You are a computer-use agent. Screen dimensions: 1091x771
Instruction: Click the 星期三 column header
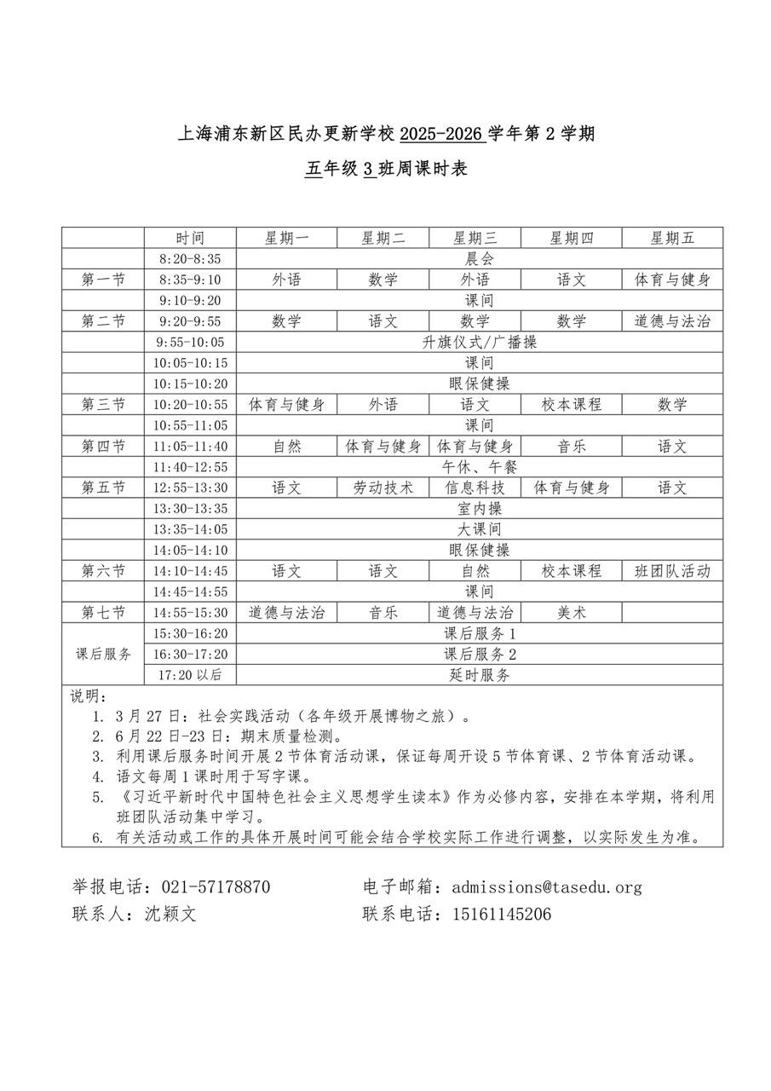[475, 238]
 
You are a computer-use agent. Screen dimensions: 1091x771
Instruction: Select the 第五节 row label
[103, 488]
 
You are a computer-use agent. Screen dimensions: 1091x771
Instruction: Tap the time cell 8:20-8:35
[189, 259]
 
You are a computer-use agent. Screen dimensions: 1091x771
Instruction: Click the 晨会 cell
[480, 259]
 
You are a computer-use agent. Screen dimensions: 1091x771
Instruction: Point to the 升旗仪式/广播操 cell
[480, 342]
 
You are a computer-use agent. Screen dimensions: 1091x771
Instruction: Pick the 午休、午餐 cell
[480, 467]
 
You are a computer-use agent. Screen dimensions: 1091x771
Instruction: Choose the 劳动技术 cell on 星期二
[383, 488]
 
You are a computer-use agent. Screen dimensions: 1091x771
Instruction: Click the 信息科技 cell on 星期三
[475, 488]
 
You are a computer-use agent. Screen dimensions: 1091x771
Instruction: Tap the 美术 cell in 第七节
[571, 612]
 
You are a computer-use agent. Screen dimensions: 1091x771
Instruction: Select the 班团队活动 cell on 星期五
[672, 571]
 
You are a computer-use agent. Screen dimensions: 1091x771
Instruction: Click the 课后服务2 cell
[480, 655]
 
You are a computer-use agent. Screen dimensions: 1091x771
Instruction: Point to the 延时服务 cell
[480, 675]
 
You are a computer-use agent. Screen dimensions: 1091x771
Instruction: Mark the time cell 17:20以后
[189, 675]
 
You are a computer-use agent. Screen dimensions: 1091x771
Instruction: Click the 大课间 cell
[480, 529]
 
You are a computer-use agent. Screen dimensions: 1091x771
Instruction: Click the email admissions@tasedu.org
[547, 887]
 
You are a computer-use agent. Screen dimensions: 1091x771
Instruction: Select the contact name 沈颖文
[170, 915]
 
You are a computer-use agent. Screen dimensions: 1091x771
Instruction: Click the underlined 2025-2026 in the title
[441, 134]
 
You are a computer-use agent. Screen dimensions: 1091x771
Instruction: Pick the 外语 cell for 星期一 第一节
[286, 280]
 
